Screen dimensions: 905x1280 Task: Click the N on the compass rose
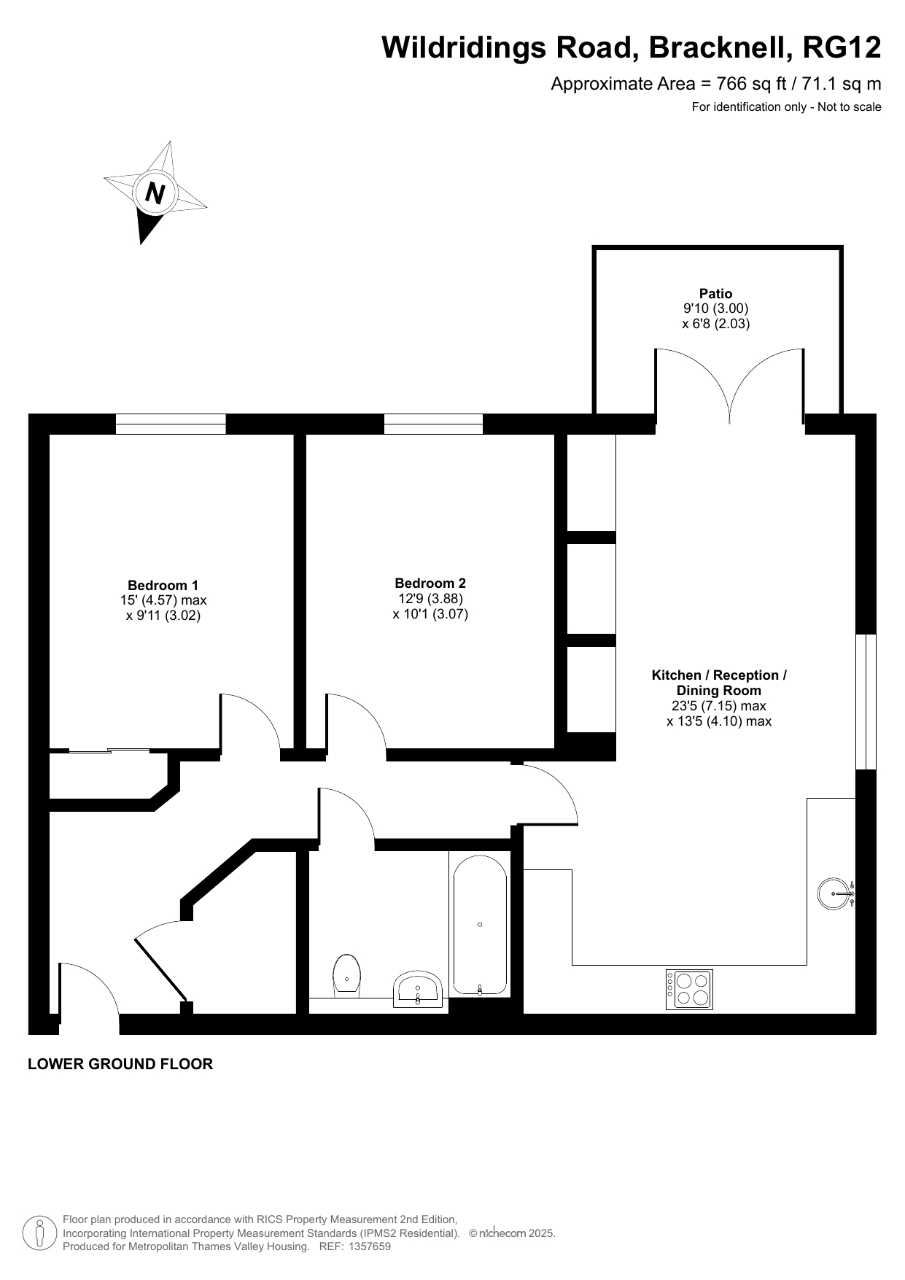pyautogui.click(x=155, y=193)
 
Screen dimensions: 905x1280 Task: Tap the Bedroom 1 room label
pyautogui.click(x=163, y=585)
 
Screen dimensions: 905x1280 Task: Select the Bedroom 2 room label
pyautogui.click(x=430, y=583)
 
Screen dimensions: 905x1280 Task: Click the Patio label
pyautogui.click(x=716, y=294)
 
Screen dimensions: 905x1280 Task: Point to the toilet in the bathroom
pyautogui.click(x=347, y=976)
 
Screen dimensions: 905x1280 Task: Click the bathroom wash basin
pyautogui.click(x=418, y=990)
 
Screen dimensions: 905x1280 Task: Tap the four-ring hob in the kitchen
pyautogui.click(x=689, y=990)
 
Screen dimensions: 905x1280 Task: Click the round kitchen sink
pyautogui.click(x=835, y=893)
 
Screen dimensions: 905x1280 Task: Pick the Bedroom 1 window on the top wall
pyautogui.click(x=171, y=424)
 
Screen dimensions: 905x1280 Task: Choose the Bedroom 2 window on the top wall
pyautogui.click(x=433, y=424)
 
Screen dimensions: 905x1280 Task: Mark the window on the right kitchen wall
pyautogui.click(x=866, y=702)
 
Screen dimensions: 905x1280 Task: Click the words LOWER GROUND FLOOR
pyautogui.click(x=120, y=1064)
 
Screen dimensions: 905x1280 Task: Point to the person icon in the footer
pyautogui.click(x=40, y=1233)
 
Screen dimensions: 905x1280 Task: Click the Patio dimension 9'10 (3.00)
pyautogui.click(x=716, y=309)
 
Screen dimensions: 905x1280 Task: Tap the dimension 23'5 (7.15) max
pyautogui.click(x=719, y=706)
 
